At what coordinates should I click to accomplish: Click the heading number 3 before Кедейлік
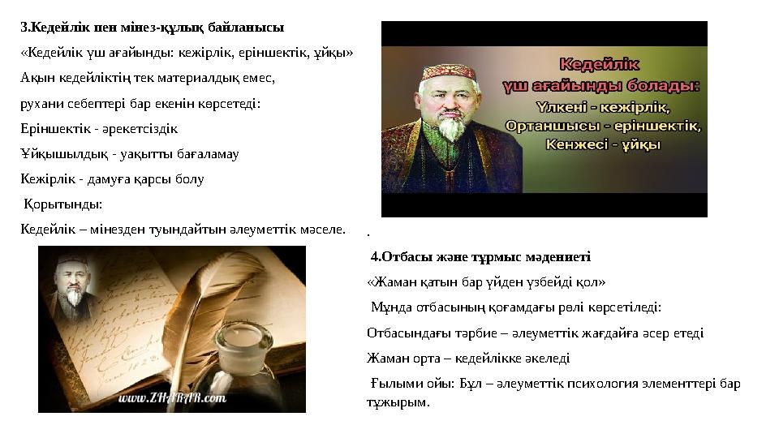coord(24,27)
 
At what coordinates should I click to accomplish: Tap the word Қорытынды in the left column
coord(62,204)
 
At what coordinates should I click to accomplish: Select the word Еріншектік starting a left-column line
coord(51,128)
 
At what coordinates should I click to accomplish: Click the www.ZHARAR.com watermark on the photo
coord(172,397)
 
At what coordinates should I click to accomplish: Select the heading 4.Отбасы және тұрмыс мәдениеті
coord(480,257)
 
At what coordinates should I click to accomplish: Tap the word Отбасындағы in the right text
coord(406,333)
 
